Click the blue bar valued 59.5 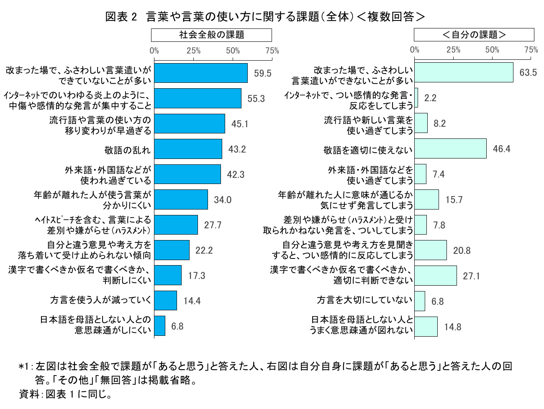pyautogui.click(x=201, y=73)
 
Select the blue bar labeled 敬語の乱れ pyautogui.click(x=188, y=149)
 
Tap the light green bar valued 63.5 pyautogui.click(x=464, y=72)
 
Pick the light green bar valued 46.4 pyautogui.click(x=450, y=148)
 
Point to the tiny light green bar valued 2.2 pyautogui.click(x=416, y=98)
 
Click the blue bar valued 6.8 pyautogui.click(x=159, y=326)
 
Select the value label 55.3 pyautogui.click(x=256, y=99)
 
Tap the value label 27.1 pyautogui.click(x=471, y=276)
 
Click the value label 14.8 pyautogui.click(x=453, y=327)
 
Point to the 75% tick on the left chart pyautogui.click(x=272, y=51)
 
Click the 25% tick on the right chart pyautogui.click(x=453, y=50)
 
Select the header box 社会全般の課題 pyautogui.click(x=211, y=35)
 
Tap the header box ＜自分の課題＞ pyautogui.click(x=474, y=35)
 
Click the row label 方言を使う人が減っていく pyautogui.click(x=100, y=300)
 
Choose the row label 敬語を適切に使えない pyautogui.click(x=368, y=150)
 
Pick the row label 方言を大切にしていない pyautogui.click(x=364, y=300)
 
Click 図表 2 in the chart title pyautogui.click(x=121, y=17)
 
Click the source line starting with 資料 pyautogui.click(x=65, y=394)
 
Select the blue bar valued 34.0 pyautogui.click(x=181, y=199)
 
